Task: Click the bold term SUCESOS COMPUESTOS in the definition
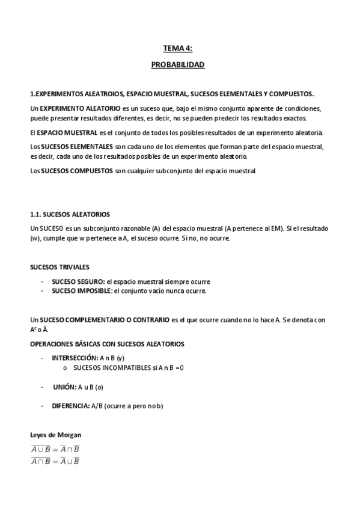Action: tap(77, 171)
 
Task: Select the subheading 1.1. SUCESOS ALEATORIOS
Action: tap(70, 214)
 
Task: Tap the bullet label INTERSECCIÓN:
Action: tap(75, 358)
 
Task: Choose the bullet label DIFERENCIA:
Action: tap(71, 406)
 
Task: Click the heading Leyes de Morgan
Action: tap(55, 435)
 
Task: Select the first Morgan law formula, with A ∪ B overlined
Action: tap(55, 449)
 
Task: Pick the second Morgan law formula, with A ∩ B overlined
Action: tap(55, 461)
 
